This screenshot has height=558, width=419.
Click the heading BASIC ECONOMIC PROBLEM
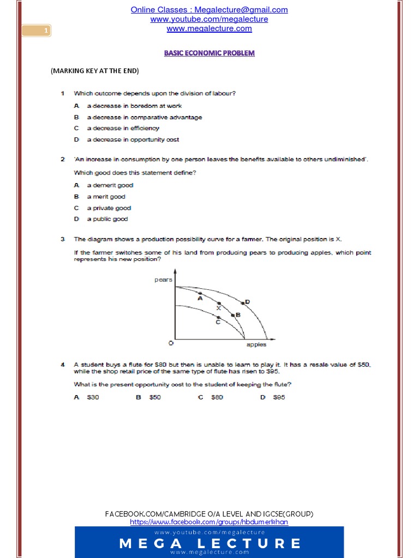209,53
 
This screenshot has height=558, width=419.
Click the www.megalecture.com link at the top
209,28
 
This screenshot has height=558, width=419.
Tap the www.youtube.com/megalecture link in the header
209,19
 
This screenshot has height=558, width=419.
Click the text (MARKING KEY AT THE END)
94,71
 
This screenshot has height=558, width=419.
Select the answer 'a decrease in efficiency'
123,128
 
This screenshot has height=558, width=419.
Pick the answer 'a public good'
107,219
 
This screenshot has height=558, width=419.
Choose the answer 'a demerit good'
110,185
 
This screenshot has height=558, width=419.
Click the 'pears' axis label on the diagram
164,280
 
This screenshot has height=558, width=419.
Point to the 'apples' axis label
256,344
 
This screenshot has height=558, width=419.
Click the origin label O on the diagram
170,343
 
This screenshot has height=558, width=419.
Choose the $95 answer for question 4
279,397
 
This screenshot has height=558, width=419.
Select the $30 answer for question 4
93,397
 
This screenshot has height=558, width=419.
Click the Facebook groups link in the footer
209,522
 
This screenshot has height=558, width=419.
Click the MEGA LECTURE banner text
209,543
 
